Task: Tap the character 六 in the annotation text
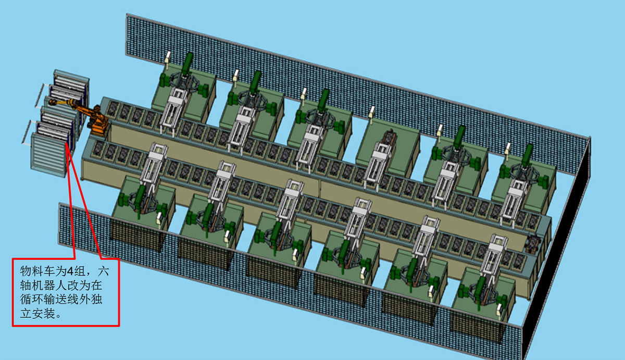coord(103,271)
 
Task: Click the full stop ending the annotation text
coord(58,316)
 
